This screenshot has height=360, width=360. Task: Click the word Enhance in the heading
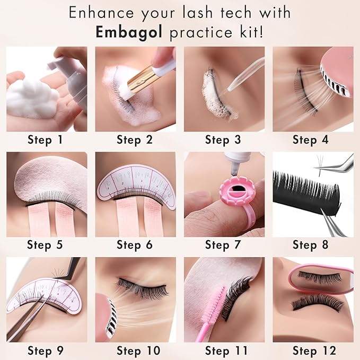pos(106,13)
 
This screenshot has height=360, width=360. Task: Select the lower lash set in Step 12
pos(317,303)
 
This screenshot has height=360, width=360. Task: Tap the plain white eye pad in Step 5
pos(48,180)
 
